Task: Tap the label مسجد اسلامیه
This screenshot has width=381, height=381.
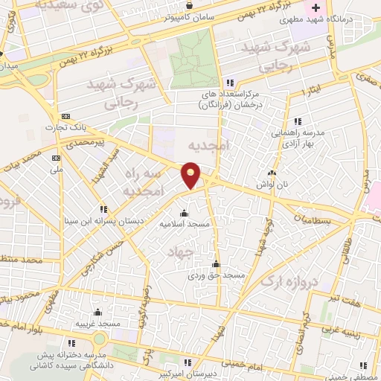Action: pos(188,223)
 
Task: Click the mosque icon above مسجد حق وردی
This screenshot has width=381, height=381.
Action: pos(216,263)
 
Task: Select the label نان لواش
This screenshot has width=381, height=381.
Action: pos(272,184)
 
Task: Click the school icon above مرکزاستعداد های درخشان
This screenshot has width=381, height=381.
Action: pos(231,82)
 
